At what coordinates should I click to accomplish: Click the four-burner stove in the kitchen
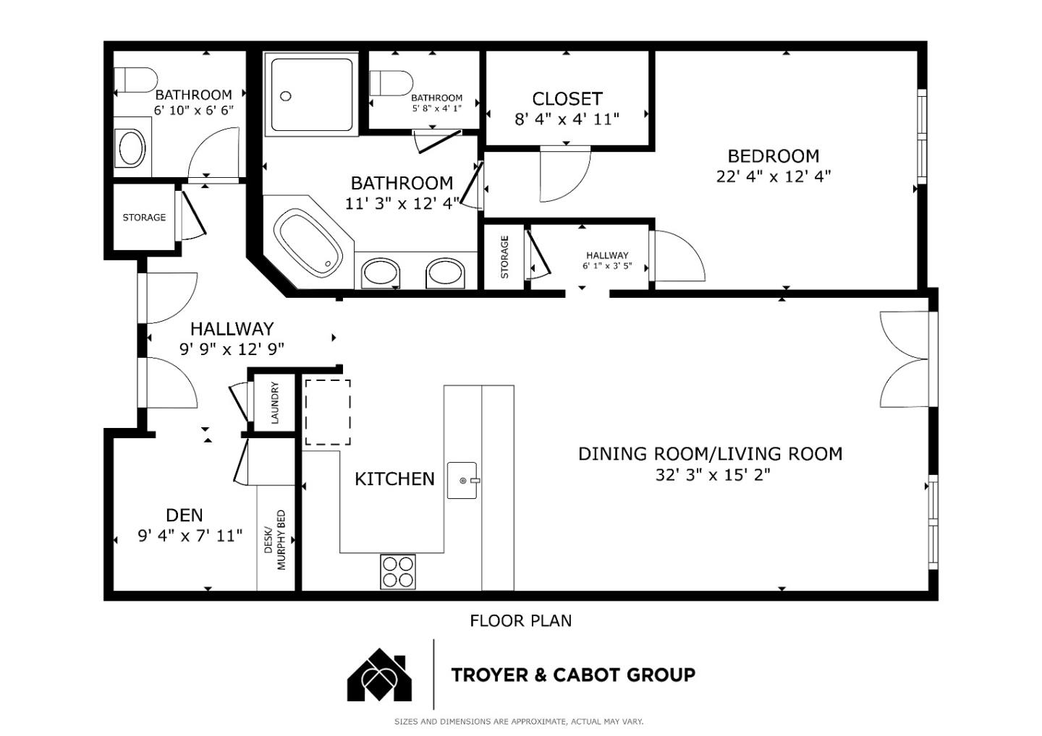[398, 571]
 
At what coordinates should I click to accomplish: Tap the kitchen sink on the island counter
[462, 480]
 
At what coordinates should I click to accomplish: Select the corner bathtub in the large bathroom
[308, 242]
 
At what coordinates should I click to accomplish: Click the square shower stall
[313, 93]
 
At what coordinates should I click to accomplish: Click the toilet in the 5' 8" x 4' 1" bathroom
[391, 82]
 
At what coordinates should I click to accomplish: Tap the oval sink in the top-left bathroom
[132, 148]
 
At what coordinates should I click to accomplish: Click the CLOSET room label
[567, 98]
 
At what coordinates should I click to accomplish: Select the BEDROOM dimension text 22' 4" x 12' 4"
[773, 176]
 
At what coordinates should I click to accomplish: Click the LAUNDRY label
[274, 403]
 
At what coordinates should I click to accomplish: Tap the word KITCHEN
[394, 479]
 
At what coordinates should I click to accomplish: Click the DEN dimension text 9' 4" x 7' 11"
[190, 536]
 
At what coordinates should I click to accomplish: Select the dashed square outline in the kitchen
[327, 412]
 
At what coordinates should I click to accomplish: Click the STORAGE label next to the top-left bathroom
[144, 217]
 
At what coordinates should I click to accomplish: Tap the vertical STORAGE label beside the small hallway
[504, 257]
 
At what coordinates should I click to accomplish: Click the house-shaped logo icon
[380, 675]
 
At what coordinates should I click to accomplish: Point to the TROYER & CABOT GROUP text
[573, 675]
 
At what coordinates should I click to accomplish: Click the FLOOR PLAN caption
[520, 620]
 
